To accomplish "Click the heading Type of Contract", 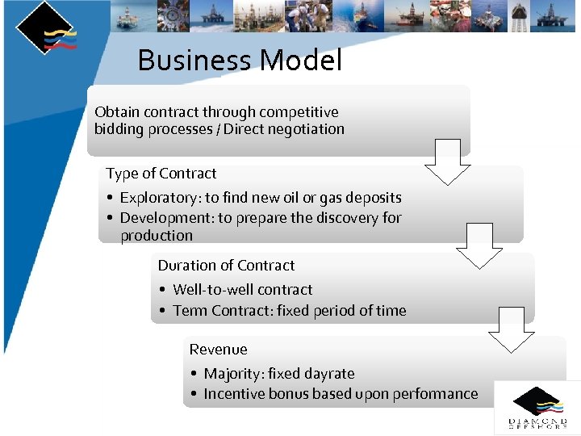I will pos(161,174).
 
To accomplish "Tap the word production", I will pos(157,236).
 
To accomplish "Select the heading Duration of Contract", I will pos(226,266).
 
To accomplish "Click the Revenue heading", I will pos(218,350).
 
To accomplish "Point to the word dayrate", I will pos(327,374).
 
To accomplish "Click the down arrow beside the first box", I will pos(448,161).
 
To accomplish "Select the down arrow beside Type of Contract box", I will pos(479,245).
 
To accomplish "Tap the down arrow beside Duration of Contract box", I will pos(512,329).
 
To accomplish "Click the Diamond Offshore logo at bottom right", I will pos(537,408).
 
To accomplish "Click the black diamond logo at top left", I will pos(45,28).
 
